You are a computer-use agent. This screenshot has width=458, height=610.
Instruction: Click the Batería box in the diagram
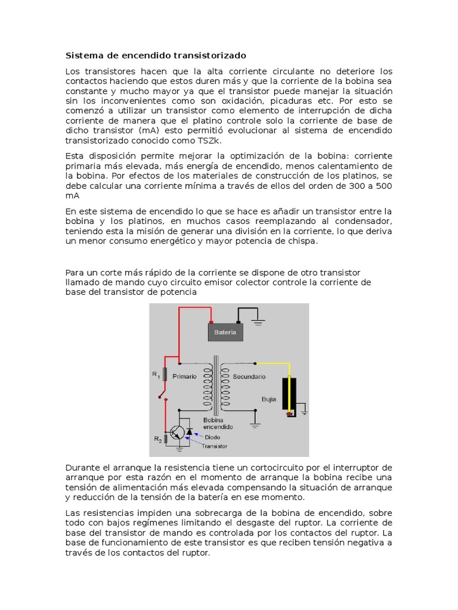(x=224, y=332)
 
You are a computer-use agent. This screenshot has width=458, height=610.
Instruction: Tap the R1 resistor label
(x=156, y=374)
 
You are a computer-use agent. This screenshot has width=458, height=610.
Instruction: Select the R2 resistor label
(x=157, y=439)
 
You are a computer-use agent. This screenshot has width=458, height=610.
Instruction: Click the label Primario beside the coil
(x=184, y=376)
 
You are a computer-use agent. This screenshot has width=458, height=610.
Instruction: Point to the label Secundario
(x=249, y=376)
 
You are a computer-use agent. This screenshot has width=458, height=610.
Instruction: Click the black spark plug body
(x=292, y=395)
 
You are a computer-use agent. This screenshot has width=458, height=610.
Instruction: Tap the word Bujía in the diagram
(x=269, y=399)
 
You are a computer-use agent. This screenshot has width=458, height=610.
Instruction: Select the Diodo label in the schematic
(x=212, y=437)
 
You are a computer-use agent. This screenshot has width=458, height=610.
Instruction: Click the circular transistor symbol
(x=177, y=433)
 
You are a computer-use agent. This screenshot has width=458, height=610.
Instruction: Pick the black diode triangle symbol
(x=190, y=431)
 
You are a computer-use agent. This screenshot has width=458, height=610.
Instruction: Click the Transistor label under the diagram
(x=214, y=446)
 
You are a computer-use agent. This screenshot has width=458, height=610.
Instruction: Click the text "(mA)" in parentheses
(x=148, y=130)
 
